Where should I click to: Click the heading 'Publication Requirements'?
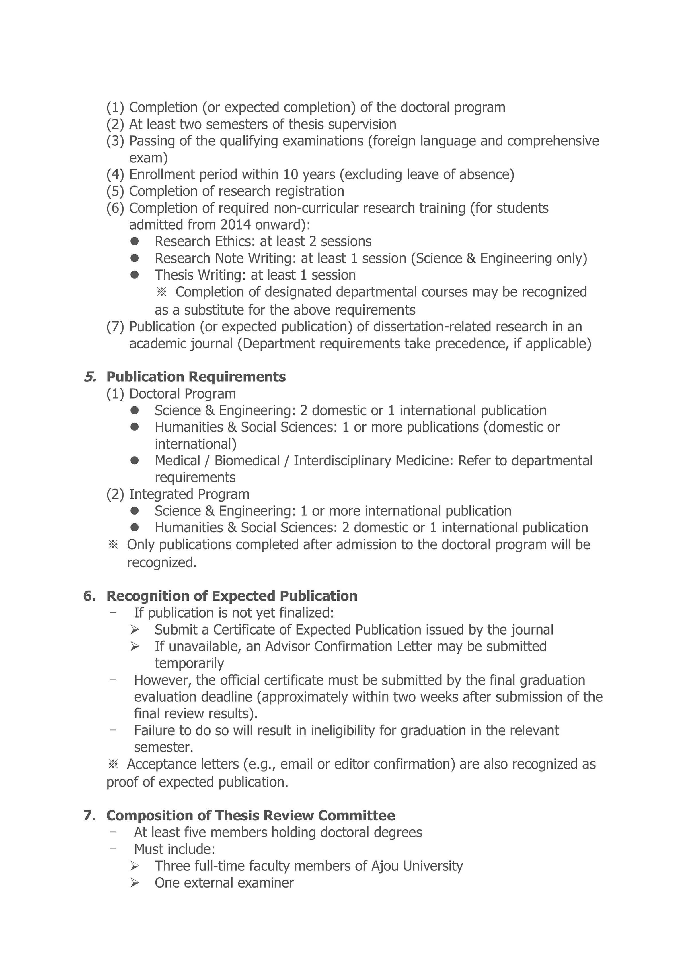coord(196,377)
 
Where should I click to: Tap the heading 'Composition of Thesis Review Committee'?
coord(251,815)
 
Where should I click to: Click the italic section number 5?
coord(90,377)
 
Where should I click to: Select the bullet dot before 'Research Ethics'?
coord(135,241)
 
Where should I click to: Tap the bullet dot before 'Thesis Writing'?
coord(135,274)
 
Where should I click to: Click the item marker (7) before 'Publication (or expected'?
coord(115,327)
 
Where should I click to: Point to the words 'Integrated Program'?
coord(189,494)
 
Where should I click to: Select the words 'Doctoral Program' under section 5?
coord(182,394)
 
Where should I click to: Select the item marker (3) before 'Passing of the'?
coord(115,141)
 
